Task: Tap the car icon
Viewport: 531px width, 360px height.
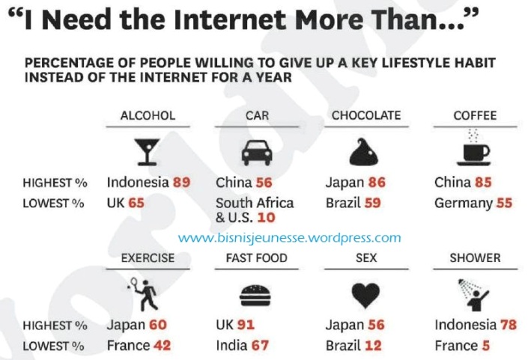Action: [x=257, y=153]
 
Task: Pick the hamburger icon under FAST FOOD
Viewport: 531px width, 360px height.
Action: [x=257, y=295]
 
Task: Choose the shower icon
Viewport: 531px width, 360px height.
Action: [x=474, y=293]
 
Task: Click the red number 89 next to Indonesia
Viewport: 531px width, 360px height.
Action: [x=181, y=182]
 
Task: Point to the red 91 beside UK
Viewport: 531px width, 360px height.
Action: [x=246, y=325]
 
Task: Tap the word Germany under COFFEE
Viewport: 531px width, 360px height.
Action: [x=462, y=203]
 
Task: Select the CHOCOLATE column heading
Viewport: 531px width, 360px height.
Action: [x=366, y=115]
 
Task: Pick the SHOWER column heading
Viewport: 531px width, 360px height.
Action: [x=475, y=257]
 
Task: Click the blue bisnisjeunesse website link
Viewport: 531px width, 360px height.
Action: [x=290, y=238]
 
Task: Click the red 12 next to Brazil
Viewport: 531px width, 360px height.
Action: [x=374, y=346]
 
